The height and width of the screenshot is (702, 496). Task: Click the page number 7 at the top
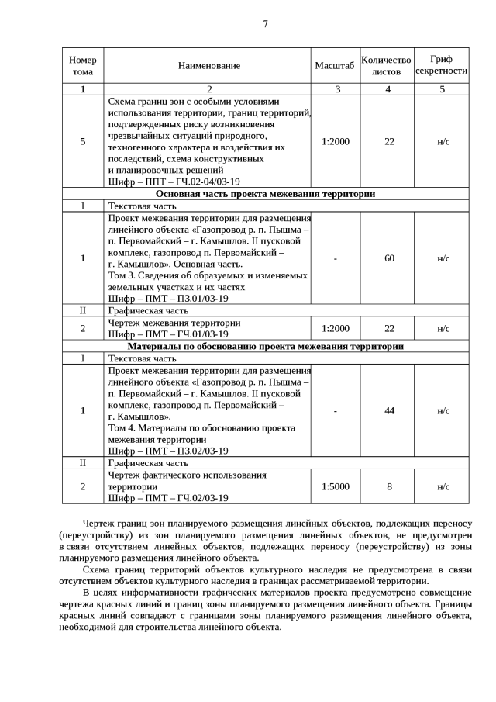265,24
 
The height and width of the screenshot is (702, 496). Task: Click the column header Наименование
208,66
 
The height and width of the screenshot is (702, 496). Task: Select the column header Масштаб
335,66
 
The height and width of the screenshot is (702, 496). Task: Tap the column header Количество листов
387,66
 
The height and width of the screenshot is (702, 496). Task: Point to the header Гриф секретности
442,65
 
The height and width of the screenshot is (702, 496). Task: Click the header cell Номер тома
83,66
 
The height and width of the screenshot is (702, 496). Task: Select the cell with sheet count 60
389,258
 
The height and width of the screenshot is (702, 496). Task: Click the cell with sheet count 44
389,410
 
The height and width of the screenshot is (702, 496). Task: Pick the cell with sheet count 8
389,486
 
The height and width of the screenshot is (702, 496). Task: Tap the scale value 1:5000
335,486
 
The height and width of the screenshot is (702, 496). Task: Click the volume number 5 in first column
83,141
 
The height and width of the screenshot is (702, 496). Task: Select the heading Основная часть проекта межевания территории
265,194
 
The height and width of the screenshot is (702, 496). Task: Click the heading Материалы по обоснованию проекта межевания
265,347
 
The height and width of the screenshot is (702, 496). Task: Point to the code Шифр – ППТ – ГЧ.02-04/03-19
167,182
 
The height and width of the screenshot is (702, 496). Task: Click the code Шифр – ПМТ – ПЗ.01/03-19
167,298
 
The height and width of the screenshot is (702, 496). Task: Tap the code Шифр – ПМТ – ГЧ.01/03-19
167,334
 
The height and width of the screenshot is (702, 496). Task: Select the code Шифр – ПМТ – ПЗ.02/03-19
167,451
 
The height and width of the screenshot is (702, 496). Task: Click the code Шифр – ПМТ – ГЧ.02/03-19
167,498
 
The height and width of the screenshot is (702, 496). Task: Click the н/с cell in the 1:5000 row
443,486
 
